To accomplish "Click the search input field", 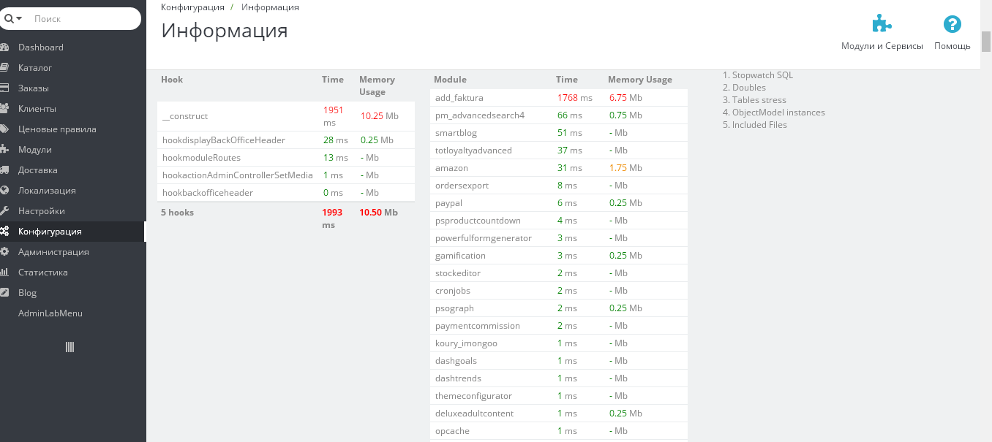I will [x=84, y=19].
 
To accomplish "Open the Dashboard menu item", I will [x=41, y=47].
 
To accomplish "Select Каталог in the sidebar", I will [x=35, y=68].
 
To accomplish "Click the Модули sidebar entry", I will [x=35, y=150].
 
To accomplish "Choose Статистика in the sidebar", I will [x=43, y=273].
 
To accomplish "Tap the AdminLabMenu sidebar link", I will [x=50, y=313].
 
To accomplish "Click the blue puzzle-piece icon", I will [x=882, y=25].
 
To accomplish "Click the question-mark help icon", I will [x=952, y=25].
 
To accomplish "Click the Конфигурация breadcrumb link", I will [x=192, y=7].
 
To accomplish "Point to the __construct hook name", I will [x=185, y=116].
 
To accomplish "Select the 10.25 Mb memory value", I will [x=379, y=116].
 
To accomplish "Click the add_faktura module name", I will [x=459, y=98].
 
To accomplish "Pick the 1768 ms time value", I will [x=574, y=98].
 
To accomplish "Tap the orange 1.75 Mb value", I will [x=625, y=168].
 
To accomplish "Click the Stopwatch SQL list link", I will [x=762, y=75].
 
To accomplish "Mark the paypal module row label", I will [x=448, y=203].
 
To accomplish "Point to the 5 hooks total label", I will [x=178, y=213].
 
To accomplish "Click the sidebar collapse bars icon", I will [x=70, y=347].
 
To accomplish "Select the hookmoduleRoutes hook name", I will [x=201, y=158].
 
